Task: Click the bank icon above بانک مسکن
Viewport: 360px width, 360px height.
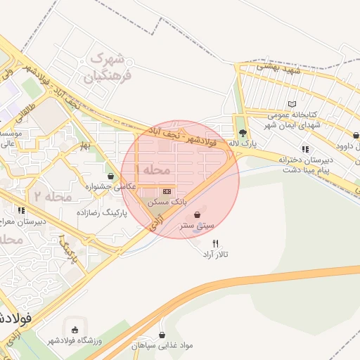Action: click(167, 191)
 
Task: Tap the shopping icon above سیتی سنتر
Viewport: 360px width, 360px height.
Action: click(196, 214)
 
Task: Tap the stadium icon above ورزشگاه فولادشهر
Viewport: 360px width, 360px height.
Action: click(75, 328)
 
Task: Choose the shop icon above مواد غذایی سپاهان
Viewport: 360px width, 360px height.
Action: click(162, 335)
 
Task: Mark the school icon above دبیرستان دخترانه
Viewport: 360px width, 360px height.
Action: click(305, 149)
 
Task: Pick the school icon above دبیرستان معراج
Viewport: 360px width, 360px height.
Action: click(21, 210)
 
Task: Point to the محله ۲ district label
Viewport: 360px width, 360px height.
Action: click(53, 196)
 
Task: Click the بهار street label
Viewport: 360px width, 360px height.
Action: click(85, 145)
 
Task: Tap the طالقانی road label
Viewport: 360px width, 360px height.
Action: click(25, 115)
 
